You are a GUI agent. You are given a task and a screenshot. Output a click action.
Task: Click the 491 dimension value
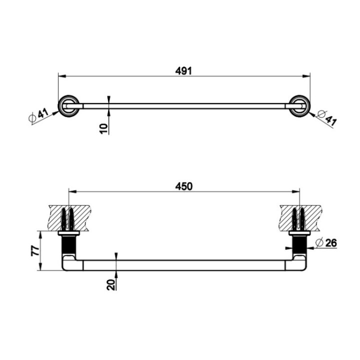(x=183, y=71)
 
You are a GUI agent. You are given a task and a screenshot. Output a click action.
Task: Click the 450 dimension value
(x=183, y=186)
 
